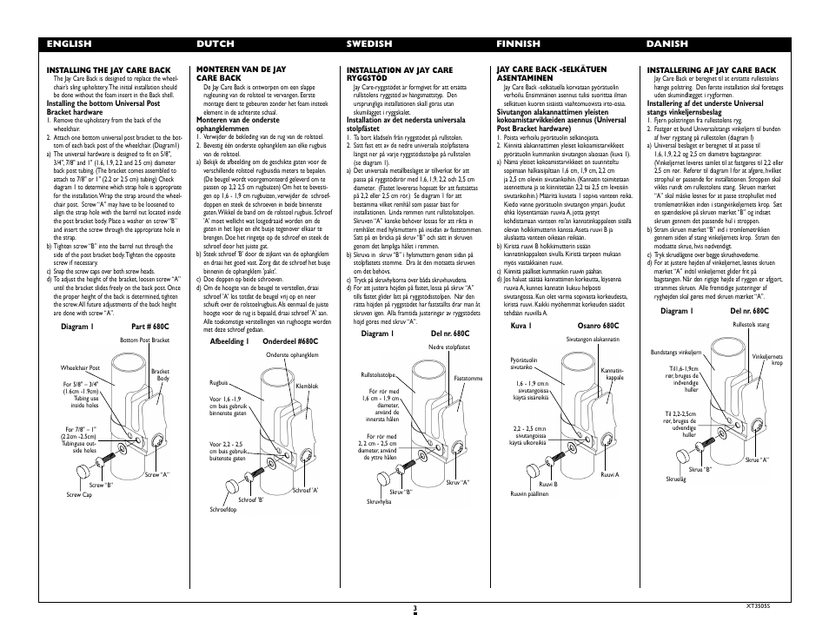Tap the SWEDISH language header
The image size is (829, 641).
point(368,43)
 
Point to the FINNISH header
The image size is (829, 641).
point(518,43)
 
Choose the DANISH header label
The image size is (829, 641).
point(667,43)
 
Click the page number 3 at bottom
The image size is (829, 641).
point(415,609)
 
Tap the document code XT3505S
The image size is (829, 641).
point(758,605)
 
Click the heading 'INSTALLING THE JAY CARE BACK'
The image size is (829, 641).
point(109,69)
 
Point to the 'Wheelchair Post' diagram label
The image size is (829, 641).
point(81,368)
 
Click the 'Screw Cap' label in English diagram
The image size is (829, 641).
point(79,494)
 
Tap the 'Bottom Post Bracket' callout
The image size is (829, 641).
point(144,340)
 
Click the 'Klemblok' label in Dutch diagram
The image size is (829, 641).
point(308,386)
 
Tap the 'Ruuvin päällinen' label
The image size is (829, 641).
point(529,493)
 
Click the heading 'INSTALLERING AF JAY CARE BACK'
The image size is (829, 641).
point(712,69)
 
